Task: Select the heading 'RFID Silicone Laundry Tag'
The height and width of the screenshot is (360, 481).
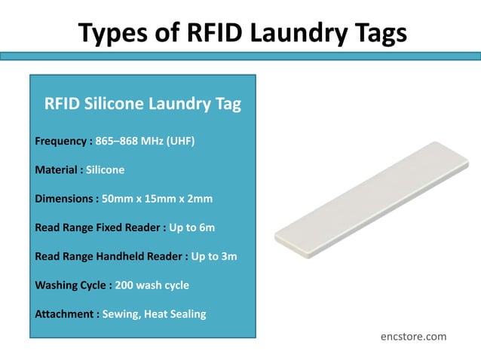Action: point(142,104)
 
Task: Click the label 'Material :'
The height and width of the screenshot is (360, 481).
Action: point(59,169)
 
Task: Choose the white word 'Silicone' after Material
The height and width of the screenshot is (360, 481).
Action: point(106,169)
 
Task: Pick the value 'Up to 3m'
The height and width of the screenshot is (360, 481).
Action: point(214,256)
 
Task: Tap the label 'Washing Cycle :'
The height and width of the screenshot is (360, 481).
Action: point(73,285)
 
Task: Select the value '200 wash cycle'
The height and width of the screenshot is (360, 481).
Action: point(152,285)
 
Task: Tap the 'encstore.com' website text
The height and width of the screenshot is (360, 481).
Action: point(413,336)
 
